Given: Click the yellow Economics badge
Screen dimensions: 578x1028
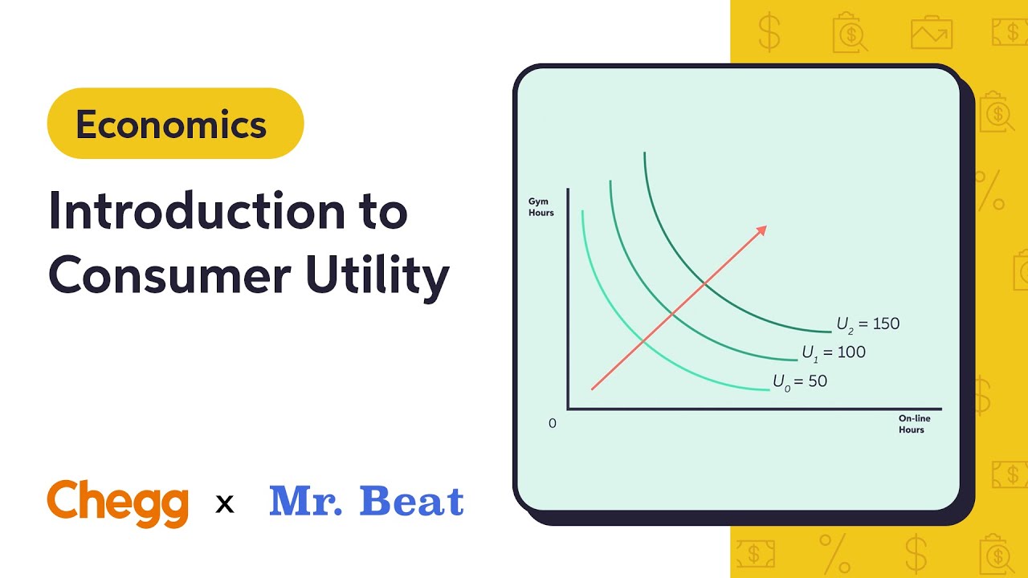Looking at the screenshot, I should (175, 124).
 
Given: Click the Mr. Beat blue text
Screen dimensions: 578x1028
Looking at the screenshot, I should (366, 501).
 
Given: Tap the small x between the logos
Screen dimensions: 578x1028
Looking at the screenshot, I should (225, 504).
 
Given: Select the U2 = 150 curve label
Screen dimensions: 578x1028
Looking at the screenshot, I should (868, 324).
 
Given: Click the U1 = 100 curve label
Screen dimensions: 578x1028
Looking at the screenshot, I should (834, 352).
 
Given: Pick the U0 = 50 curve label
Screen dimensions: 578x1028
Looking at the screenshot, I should (800, 381).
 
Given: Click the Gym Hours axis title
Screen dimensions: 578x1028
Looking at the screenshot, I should (541, 207).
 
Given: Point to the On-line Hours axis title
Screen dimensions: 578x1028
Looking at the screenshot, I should (914, 424).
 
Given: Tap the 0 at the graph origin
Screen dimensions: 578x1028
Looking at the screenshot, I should (553, 423).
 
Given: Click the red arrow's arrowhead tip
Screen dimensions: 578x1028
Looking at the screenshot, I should (766, 226).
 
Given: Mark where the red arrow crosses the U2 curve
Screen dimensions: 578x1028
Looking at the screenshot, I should (704, 283).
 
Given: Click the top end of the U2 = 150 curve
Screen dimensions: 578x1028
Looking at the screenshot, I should (644, 153).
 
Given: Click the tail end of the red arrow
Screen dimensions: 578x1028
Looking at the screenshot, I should (593, 389).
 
